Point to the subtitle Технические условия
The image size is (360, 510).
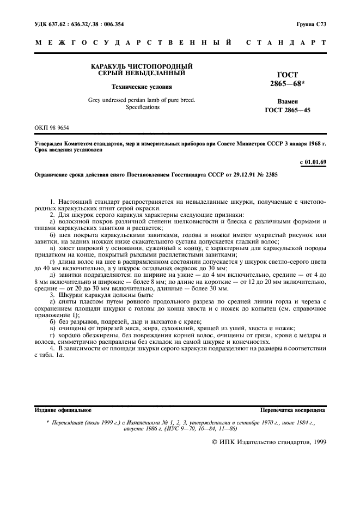pos(141,86)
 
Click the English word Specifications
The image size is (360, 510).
pos(143,107)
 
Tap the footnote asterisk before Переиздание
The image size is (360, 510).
pos(48,422)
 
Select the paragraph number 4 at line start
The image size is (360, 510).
pos(51,348)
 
